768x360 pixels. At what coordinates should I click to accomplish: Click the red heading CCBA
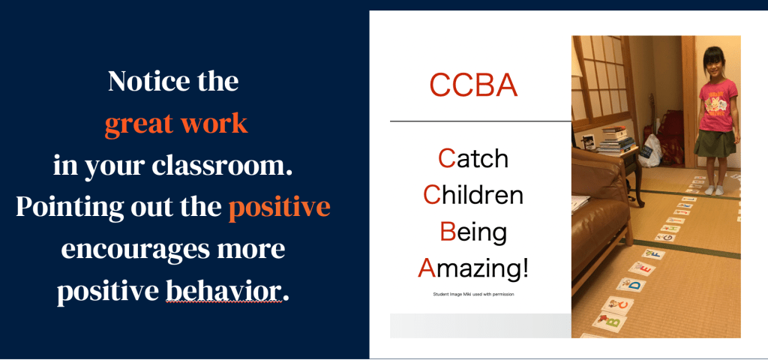(x=473, y=85)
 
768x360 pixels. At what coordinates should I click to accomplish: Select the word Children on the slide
(x=473, y=195)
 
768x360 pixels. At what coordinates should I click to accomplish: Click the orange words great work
(x=175, y=124)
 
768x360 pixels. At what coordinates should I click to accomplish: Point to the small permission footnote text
(x=473, y=294)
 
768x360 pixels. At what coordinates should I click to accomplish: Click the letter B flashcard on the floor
(x=609, y=322)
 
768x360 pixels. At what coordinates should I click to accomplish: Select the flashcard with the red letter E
(x=642, y=268)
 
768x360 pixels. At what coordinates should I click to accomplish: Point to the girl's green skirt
(x=715, y=143)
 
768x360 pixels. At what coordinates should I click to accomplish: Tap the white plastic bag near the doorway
(x=651, y=150)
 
